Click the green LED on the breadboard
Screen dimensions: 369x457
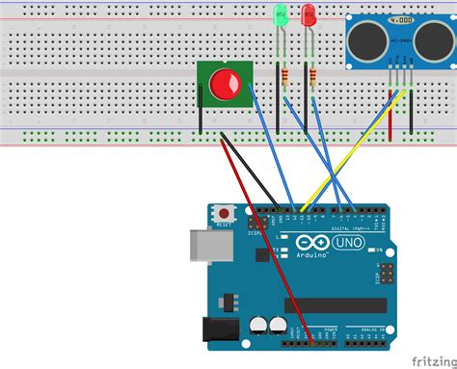tap(281, 16)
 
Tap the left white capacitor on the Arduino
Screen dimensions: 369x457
tap(258, 328)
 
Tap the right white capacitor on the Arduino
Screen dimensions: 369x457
tap(278, 328)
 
